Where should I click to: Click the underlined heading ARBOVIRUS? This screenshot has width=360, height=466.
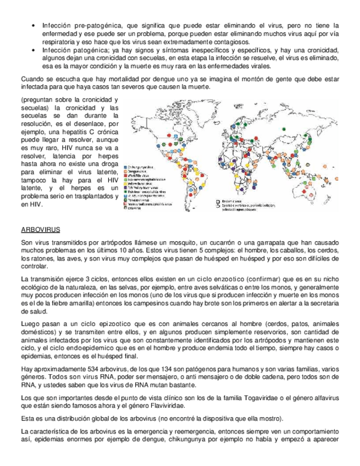pos(37,229)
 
